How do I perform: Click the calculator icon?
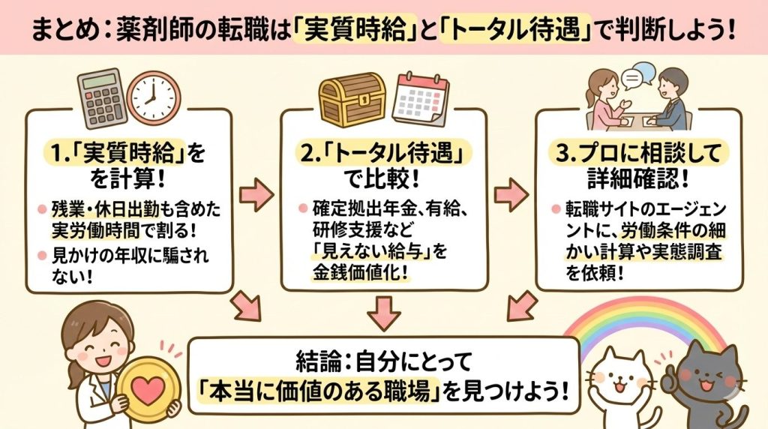click(x=99, y=98)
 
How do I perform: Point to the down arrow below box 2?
click(x=384, y=313)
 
